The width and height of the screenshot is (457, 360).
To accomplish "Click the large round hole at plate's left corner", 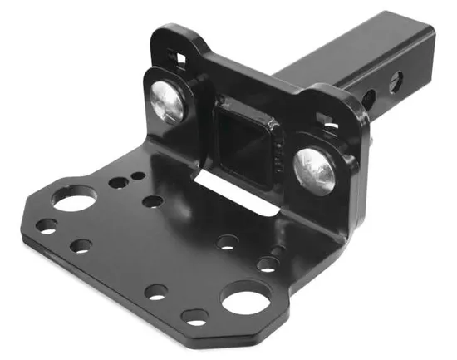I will [x=73, y=199].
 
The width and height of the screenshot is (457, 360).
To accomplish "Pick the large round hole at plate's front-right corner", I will [x=246, y=298].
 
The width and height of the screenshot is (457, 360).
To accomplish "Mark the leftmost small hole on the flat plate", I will [x=47, y=226].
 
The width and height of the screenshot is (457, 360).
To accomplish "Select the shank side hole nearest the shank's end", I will [x=397, y=81].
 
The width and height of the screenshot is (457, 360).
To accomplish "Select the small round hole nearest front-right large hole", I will [x=268, y=265].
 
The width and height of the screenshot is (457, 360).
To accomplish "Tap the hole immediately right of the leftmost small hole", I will [x=81, y=245].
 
